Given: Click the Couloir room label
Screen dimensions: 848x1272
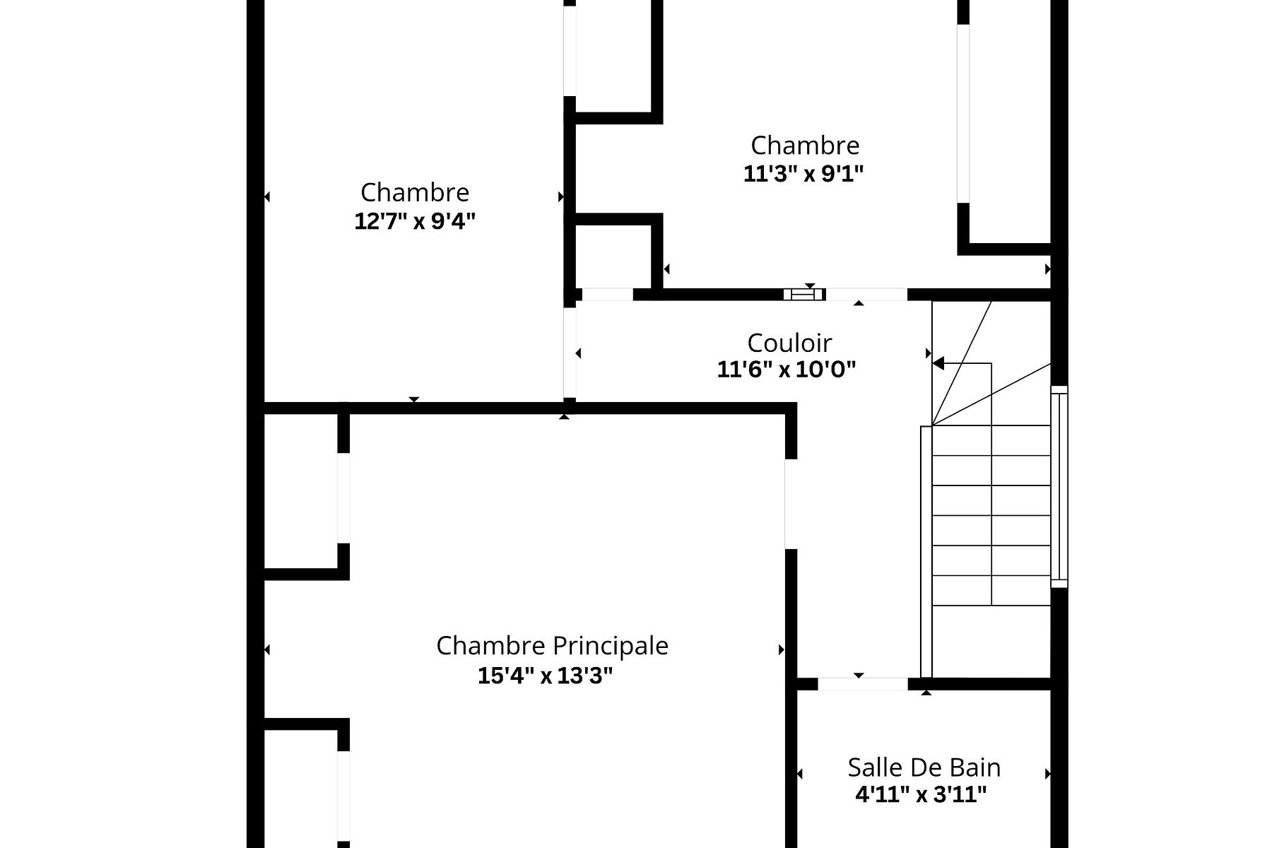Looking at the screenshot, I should (789, 343).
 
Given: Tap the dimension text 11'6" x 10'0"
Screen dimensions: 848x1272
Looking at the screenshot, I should (786, 370).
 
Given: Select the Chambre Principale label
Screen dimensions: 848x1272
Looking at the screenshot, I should (552, 646).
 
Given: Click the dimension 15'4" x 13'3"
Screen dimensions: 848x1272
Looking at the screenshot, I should (545, 676).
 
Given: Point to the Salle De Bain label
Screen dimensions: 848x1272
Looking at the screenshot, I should (924, 767).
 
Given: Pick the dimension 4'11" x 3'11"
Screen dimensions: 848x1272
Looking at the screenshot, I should (921, 795).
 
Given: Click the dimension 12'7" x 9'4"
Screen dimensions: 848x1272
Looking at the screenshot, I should (414, 222).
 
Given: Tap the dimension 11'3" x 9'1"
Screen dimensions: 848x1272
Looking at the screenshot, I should (803, 174).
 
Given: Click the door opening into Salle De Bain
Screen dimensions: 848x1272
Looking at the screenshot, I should (862, 684).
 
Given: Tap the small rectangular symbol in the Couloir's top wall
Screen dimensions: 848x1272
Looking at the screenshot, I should (803, 294).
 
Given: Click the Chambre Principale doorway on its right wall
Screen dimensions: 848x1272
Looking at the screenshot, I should (791, 504).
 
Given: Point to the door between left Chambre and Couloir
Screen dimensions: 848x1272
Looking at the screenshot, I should (569, 353).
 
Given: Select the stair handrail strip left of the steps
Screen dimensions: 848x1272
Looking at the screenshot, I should (926, 551).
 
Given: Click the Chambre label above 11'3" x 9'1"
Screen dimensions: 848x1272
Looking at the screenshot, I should (804, 146).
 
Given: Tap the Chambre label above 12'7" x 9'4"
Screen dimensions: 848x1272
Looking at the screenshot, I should (414, 192).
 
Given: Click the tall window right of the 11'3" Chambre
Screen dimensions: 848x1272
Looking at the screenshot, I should (963, 113).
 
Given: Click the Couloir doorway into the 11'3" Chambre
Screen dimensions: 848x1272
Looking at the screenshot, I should (866, 294).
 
